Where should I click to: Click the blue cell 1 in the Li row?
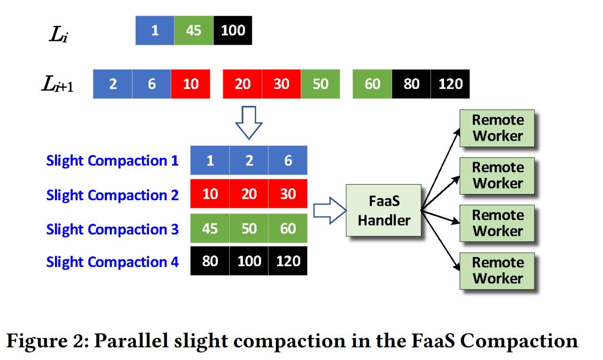pyautogui.click(x=155, y=31)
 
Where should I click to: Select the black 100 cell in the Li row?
pyautogui.click(x=233, y=31)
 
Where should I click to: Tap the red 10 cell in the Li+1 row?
pyautogui.click(x=191, y=84)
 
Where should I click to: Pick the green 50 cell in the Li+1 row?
pyautogui.click(x=321, y=84)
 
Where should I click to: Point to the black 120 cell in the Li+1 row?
pyautogui.click(x=450, y=84)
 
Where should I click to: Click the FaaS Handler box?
pyautogui.click(x=384, y=210)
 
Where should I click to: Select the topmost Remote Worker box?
pyautogui.click(x=497, y=128)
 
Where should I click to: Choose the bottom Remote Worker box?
pyautogui.click(x=497, y=271)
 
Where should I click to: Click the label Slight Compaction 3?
pyautogui.click(x=112, y=230)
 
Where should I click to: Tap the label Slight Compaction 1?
pyautogui.click(x=112, y=161)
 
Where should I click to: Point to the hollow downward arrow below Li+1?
pyautogui.click(x=249, y=123)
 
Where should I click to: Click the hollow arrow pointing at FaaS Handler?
pyautogui.click(x=330, y=211)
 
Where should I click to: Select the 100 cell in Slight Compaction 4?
pyautogui.click(x=249, y=261)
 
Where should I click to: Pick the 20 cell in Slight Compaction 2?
pyautogui.click(x=249, y=194)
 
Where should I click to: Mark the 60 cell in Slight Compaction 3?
pyautogui.click(x=288, y=228)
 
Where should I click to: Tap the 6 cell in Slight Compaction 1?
pyautogui.click(x=288, y=160)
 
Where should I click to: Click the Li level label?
pyautogui.click(x=58, y=34)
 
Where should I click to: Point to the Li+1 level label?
pyautogui.click(x=57, y=84)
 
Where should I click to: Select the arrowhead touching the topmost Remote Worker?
pyautogui.click(x=457, y=132)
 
